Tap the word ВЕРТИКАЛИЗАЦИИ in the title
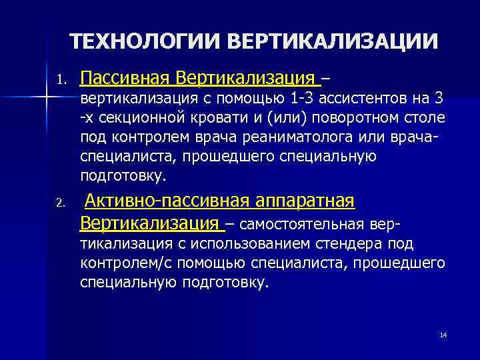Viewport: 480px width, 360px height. (x=333, y=41)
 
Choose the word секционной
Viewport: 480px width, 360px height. (x=136, y=119)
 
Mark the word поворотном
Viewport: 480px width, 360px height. (x=332, y=119)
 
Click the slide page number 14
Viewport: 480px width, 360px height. (x=443, y=334)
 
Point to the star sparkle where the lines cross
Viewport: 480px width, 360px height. (x=45, y=98)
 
